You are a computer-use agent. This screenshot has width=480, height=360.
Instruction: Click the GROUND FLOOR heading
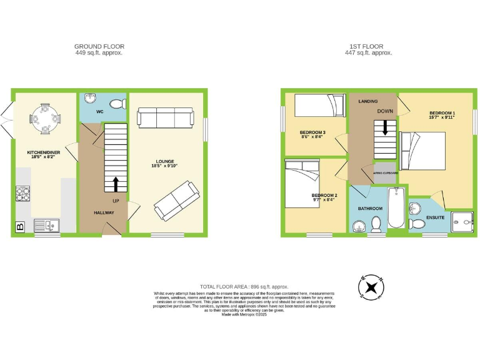pos(99,46)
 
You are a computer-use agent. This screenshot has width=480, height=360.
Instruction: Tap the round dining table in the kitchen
pos(46,116)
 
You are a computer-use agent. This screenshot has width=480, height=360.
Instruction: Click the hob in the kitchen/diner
pos(23,195)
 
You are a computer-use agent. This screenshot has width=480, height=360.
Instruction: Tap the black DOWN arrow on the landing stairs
pos(385,127)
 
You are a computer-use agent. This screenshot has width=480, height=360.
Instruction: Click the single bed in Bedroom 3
pos(319,106)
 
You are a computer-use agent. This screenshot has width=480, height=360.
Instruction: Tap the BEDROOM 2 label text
pos(324,197)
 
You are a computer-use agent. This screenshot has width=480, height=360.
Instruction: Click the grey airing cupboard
pos(385,175)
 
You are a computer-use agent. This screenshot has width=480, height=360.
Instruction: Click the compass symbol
pos(371,287)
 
